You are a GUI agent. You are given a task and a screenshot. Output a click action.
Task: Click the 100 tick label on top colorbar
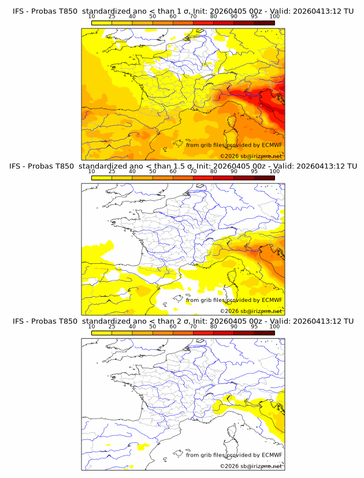point(274,16)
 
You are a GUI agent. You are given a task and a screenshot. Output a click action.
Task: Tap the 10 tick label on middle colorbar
point(92,171)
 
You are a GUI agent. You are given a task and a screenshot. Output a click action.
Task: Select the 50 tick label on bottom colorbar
point(153,327)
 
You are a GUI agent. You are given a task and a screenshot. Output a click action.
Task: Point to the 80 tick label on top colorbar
point(214,16)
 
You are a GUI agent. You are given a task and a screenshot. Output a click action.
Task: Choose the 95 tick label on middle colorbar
point(254,171)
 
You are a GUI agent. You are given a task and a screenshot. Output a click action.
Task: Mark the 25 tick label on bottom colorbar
point(112,327)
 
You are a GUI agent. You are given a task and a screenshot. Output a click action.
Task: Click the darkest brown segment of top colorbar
point(264,23)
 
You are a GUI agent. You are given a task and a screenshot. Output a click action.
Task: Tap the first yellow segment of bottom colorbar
point(102,333)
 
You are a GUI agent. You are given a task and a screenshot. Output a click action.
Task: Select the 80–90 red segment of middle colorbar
point(224,178)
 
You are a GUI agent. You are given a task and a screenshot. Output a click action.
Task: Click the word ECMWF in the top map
point(272,145)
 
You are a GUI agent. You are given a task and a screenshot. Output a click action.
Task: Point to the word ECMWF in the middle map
point(272,300)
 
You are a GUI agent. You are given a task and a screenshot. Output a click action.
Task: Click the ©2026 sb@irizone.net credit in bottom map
point(251,466)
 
